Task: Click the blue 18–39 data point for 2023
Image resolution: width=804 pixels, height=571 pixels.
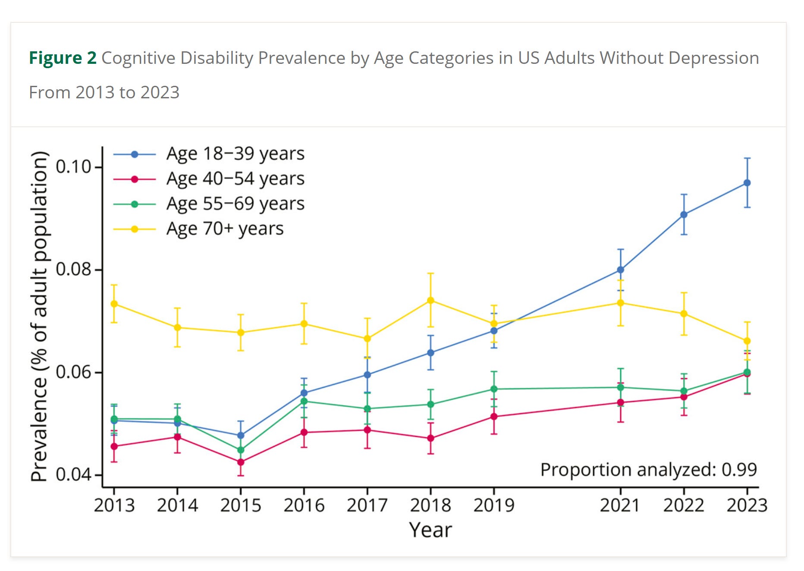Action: coord(747,183)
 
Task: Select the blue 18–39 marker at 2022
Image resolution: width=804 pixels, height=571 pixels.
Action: coord(684,214)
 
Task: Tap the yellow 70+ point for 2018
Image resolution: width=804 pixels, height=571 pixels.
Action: coord(430,300)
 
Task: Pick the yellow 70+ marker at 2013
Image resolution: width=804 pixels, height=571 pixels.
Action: coord(114,304)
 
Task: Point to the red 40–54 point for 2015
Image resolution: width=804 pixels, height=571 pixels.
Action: coord(241,462)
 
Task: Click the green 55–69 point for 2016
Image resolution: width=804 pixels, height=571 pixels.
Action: coord(304,401)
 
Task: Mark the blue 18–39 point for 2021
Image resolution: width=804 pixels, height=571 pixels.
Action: coord(620,270)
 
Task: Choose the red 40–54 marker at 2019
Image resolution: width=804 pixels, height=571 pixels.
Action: coord(494,417)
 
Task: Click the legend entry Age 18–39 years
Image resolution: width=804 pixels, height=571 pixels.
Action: coord(235,154)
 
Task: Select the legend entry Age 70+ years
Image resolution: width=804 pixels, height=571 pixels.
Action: coord(225,229)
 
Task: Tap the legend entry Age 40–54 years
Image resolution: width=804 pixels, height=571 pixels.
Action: coord(235,179)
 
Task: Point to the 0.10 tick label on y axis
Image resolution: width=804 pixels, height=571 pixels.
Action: coord(73,166)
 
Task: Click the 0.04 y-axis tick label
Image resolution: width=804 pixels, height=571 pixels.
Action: coord(73,474)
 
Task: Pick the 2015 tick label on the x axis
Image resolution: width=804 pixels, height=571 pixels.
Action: coord(241,505)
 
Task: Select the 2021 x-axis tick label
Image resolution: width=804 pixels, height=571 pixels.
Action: coord(620,505)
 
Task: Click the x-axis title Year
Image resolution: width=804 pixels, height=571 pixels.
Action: coord(430,530)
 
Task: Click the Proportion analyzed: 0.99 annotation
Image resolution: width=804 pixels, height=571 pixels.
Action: coord(648,470)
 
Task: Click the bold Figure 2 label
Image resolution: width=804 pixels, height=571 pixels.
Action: coord(63,58)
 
